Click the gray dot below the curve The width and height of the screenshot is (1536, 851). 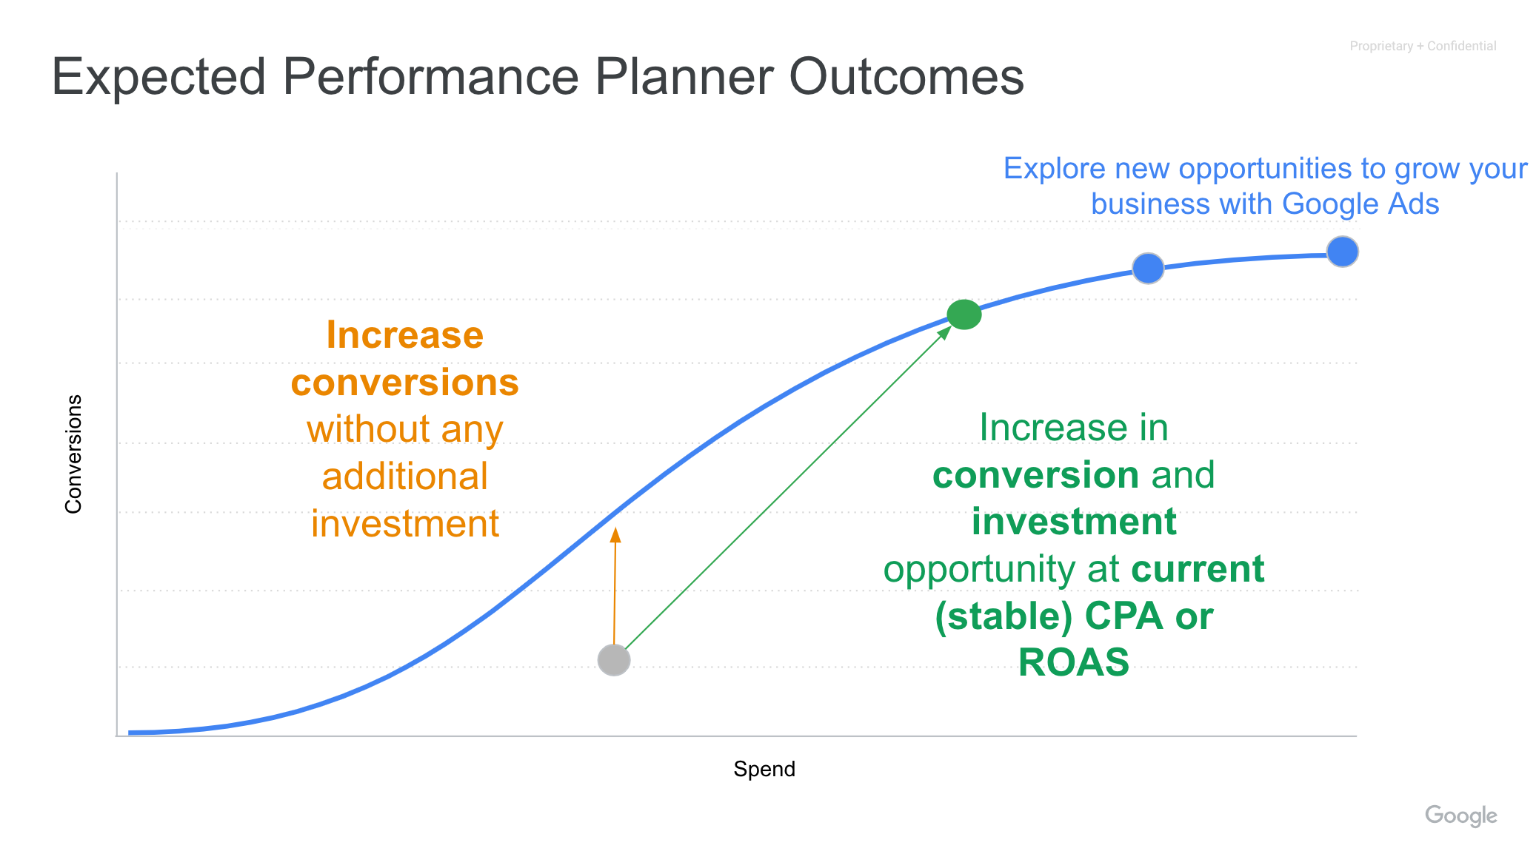[614, 660]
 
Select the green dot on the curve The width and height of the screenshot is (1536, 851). [964, 314]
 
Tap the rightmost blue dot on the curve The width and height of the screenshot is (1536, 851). [1342, 252]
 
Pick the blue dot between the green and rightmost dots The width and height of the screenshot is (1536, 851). [1148, 268]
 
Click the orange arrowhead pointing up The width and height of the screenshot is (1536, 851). [615, 534]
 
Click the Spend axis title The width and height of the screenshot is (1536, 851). [764, 769]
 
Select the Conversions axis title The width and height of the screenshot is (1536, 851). [73, 454]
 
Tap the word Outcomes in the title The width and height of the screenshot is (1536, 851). [906, 76]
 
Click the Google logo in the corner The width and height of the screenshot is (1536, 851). [1460, 815]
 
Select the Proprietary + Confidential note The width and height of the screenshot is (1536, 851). [1423, 46]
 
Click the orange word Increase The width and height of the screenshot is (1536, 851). [405, 334]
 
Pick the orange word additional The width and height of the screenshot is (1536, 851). [405, 476]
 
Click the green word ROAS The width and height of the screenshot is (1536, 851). [1074, 662]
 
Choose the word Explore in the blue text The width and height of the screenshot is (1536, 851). [1055, 169]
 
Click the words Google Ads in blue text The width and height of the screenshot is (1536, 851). [1360, 203]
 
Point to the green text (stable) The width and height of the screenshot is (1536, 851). [1004, 616]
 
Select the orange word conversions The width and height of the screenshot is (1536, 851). [405, 383]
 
